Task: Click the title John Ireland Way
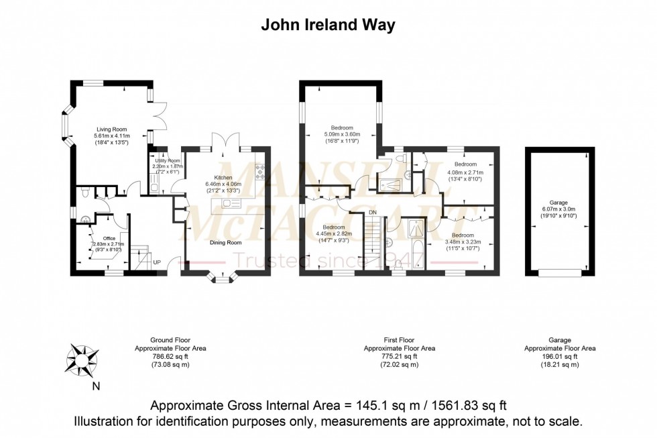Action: (328, 25)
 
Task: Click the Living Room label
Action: (111, 129)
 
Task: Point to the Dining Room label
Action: (226, 243)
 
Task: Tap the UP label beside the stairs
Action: (156, 262)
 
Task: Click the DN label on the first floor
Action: (373, 213)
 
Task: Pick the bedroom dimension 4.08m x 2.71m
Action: (465, 172)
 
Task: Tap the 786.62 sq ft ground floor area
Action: (170, 357)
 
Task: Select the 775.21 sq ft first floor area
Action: (399, 357)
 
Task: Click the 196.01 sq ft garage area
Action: (559, 357)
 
